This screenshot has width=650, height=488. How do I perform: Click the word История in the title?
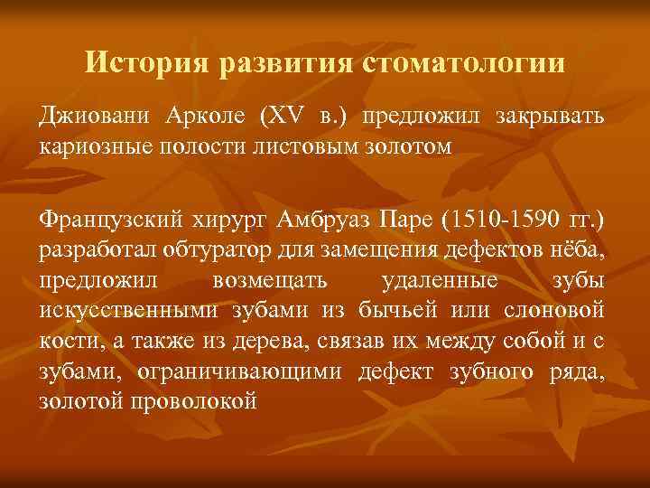click(148, 63)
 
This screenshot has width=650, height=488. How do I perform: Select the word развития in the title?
click(287, 63)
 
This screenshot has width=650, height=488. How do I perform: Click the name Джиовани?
click(95, 118)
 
